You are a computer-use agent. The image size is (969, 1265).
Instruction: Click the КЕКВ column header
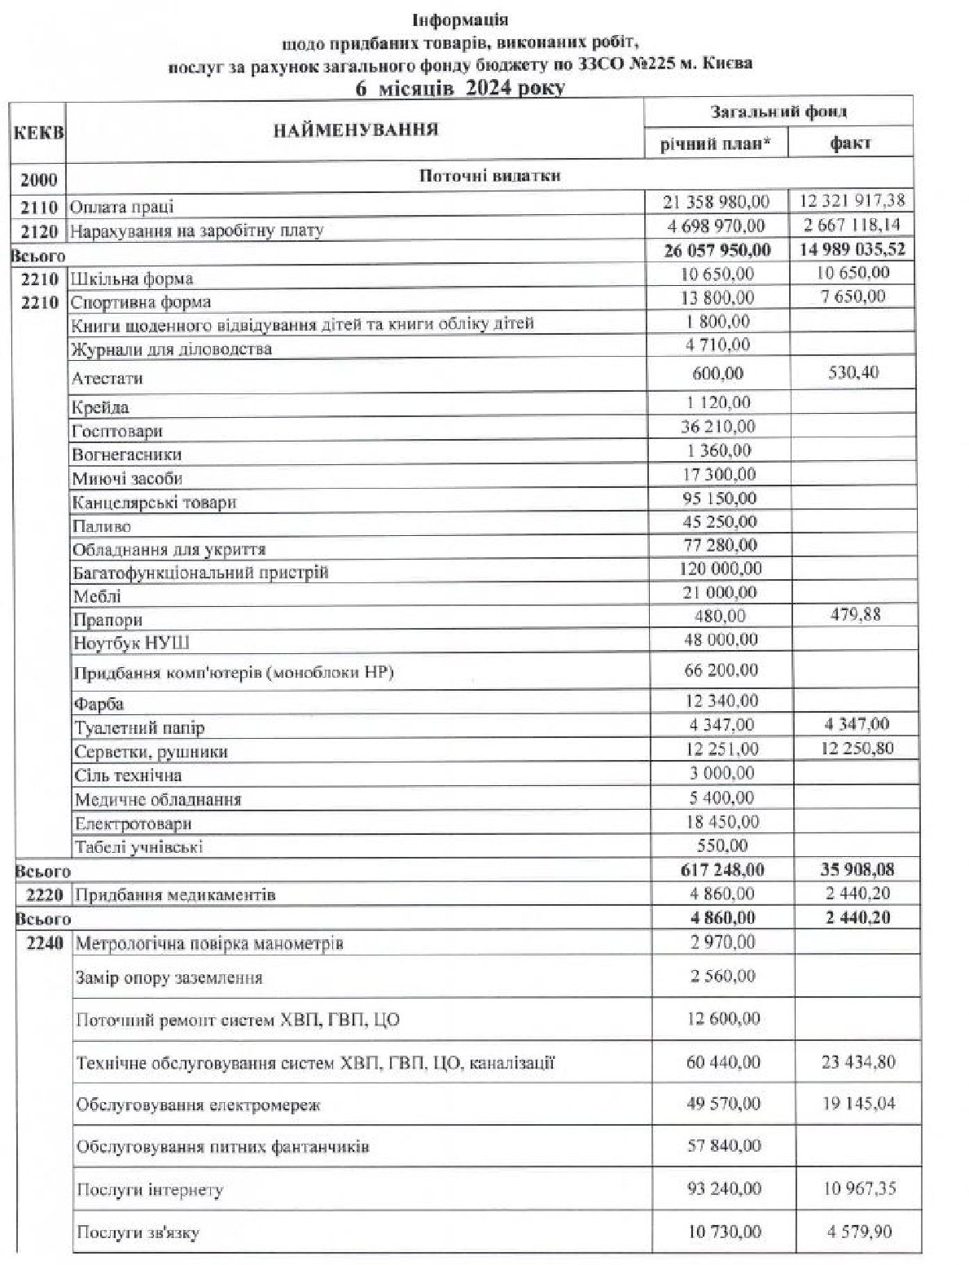click(x=37, y=133)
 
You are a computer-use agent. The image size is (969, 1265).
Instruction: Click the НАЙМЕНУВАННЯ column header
click(x=355, y=130)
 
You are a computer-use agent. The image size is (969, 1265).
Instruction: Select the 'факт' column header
click(x=850, y=143)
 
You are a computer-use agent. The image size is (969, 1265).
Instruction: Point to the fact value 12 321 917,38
click(x=852, y=200)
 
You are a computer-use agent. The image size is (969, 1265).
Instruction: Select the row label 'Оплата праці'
click(x=122, y=207)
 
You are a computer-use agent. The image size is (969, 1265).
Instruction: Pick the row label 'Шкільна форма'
click(x=132, y=279)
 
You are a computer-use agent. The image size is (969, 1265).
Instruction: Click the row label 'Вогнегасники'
click(x=126, y=455)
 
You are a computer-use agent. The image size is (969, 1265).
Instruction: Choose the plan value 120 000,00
click(x=720, y=569)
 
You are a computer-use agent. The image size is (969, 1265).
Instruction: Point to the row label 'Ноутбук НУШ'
click(x=131, y=643)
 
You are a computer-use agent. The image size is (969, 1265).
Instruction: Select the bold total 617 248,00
click(x=721, y=870)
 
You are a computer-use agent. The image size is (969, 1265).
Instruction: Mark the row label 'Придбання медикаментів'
click(x=175, y=895)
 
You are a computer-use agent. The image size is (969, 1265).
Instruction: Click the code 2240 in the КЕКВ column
click(x=45, y=943)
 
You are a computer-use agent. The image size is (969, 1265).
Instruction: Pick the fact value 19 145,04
click(x=858, y=1104)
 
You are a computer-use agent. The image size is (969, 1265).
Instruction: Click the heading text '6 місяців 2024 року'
click(x=459, y=87)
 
